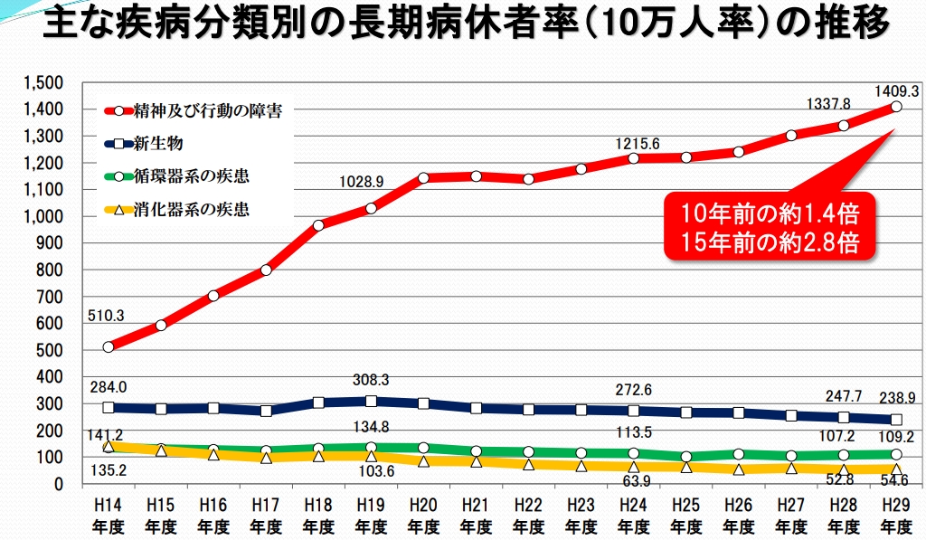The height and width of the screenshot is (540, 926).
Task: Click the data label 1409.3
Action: [897, 90]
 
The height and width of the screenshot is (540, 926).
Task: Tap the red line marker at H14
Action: [109, 346]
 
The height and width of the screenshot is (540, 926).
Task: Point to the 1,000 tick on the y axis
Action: [44, 216]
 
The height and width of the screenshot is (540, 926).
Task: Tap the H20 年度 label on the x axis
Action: [423, 515]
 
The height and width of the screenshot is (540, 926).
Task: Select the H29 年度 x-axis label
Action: [896, 515]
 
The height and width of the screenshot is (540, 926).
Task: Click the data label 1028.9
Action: [362, 182]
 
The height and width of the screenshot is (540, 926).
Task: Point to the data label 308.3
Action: [372, 381]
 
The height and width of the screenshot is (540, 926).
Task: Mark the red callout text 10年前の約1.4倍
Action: [770, 216]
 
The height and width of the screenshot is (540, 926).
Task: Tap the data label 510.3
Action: [106, 317]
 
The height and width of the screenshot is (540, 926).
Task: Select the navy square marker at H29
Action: [896, 420]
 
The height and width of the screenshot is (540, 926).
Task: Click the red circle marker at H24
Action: [634, 158]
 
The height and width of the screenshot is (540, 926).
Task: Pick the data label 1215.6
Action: [638, 144]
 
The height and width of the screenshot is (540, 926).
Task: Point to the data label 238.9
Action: [897, 398]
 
